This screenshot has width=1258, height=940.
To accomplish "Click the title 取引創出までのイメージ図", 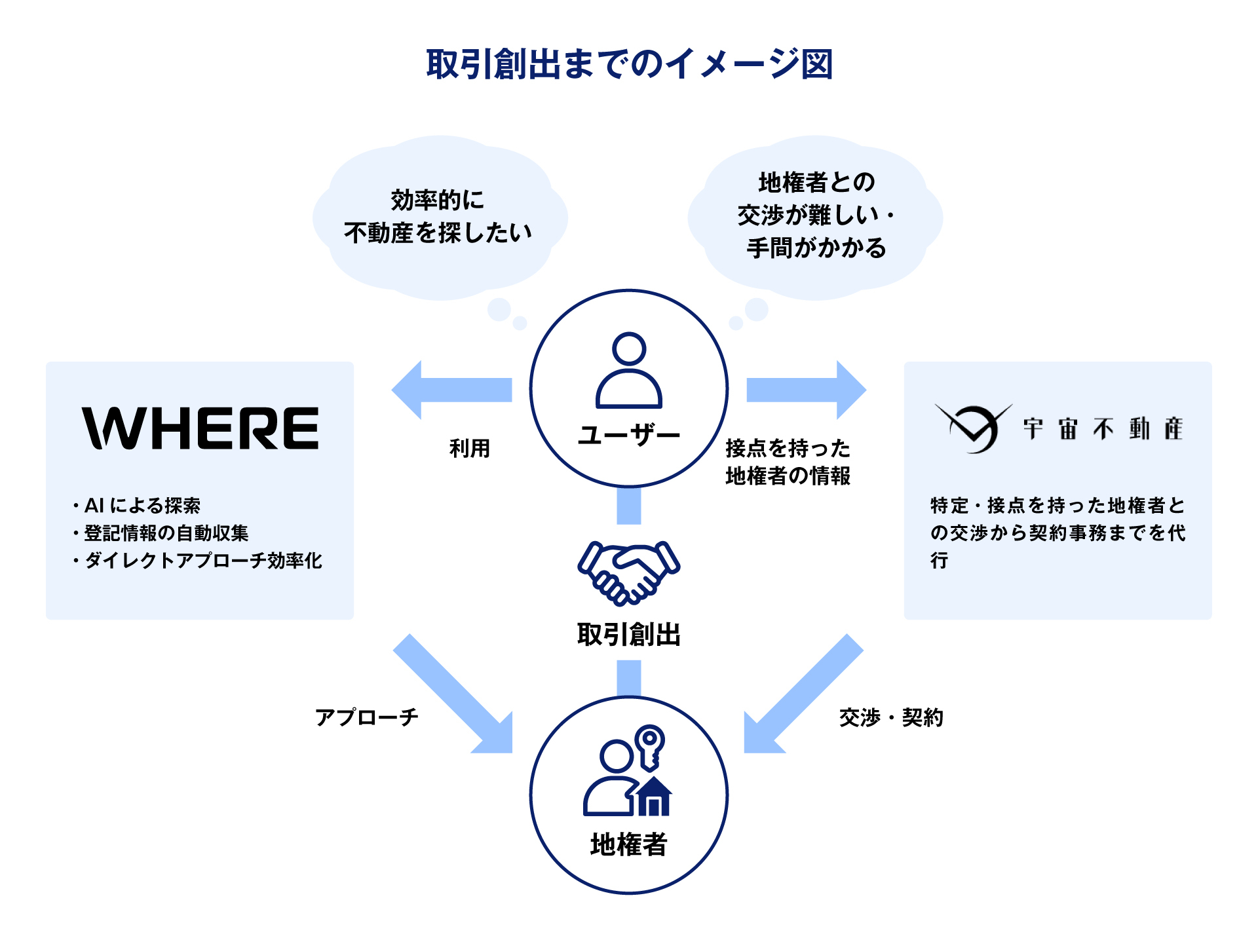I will click(629, 64).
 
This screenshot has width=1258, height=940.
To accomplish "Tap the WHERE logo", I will click(200, 428).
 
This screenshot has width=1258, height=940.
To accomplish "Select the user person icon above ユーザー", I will click(629, 371).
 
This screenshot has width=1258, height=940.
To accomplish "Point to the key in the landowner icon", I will click(650, 747).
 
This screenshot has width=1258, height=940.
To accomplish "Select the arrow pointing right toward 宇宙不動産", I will click(807, 390).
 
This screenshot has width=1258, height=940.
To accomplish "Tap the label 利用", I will click(470, 449).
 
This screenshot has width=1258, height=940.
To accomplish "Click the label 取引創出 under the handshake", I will click(629, 635).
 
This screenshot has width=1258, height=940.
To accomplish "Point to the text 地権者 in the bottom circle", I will click(629, 844).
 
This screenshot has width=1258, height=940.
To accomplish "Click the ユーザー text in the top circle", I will click(629, 435).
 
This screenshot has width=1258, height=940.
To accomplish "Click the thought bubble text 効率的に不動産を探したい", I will click(438, 216).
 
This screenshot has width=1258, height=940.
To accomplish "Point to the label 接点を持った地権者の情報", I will click(788, 462).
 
